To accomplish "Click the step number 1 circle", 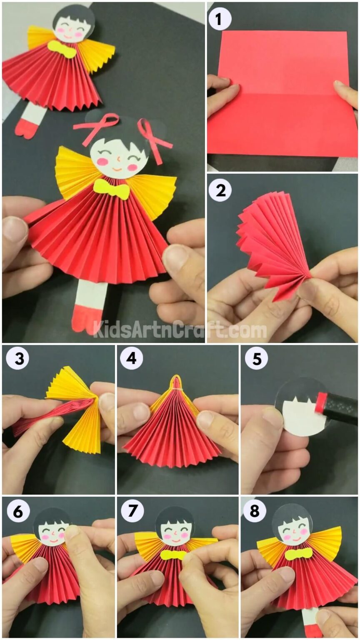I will pyautogui.click(x=220, y=18).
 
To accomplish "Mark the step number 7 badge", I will pyautogui.click(x=131, y=511).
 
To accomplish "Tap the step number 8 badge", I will pyautogui.click(x=256, y=511).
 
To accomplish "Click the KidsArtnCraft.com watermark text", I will pyautogui.click(x=179, y=329).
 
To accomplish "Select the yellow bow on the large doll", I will pyautogui.click(x=111, y=190).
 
